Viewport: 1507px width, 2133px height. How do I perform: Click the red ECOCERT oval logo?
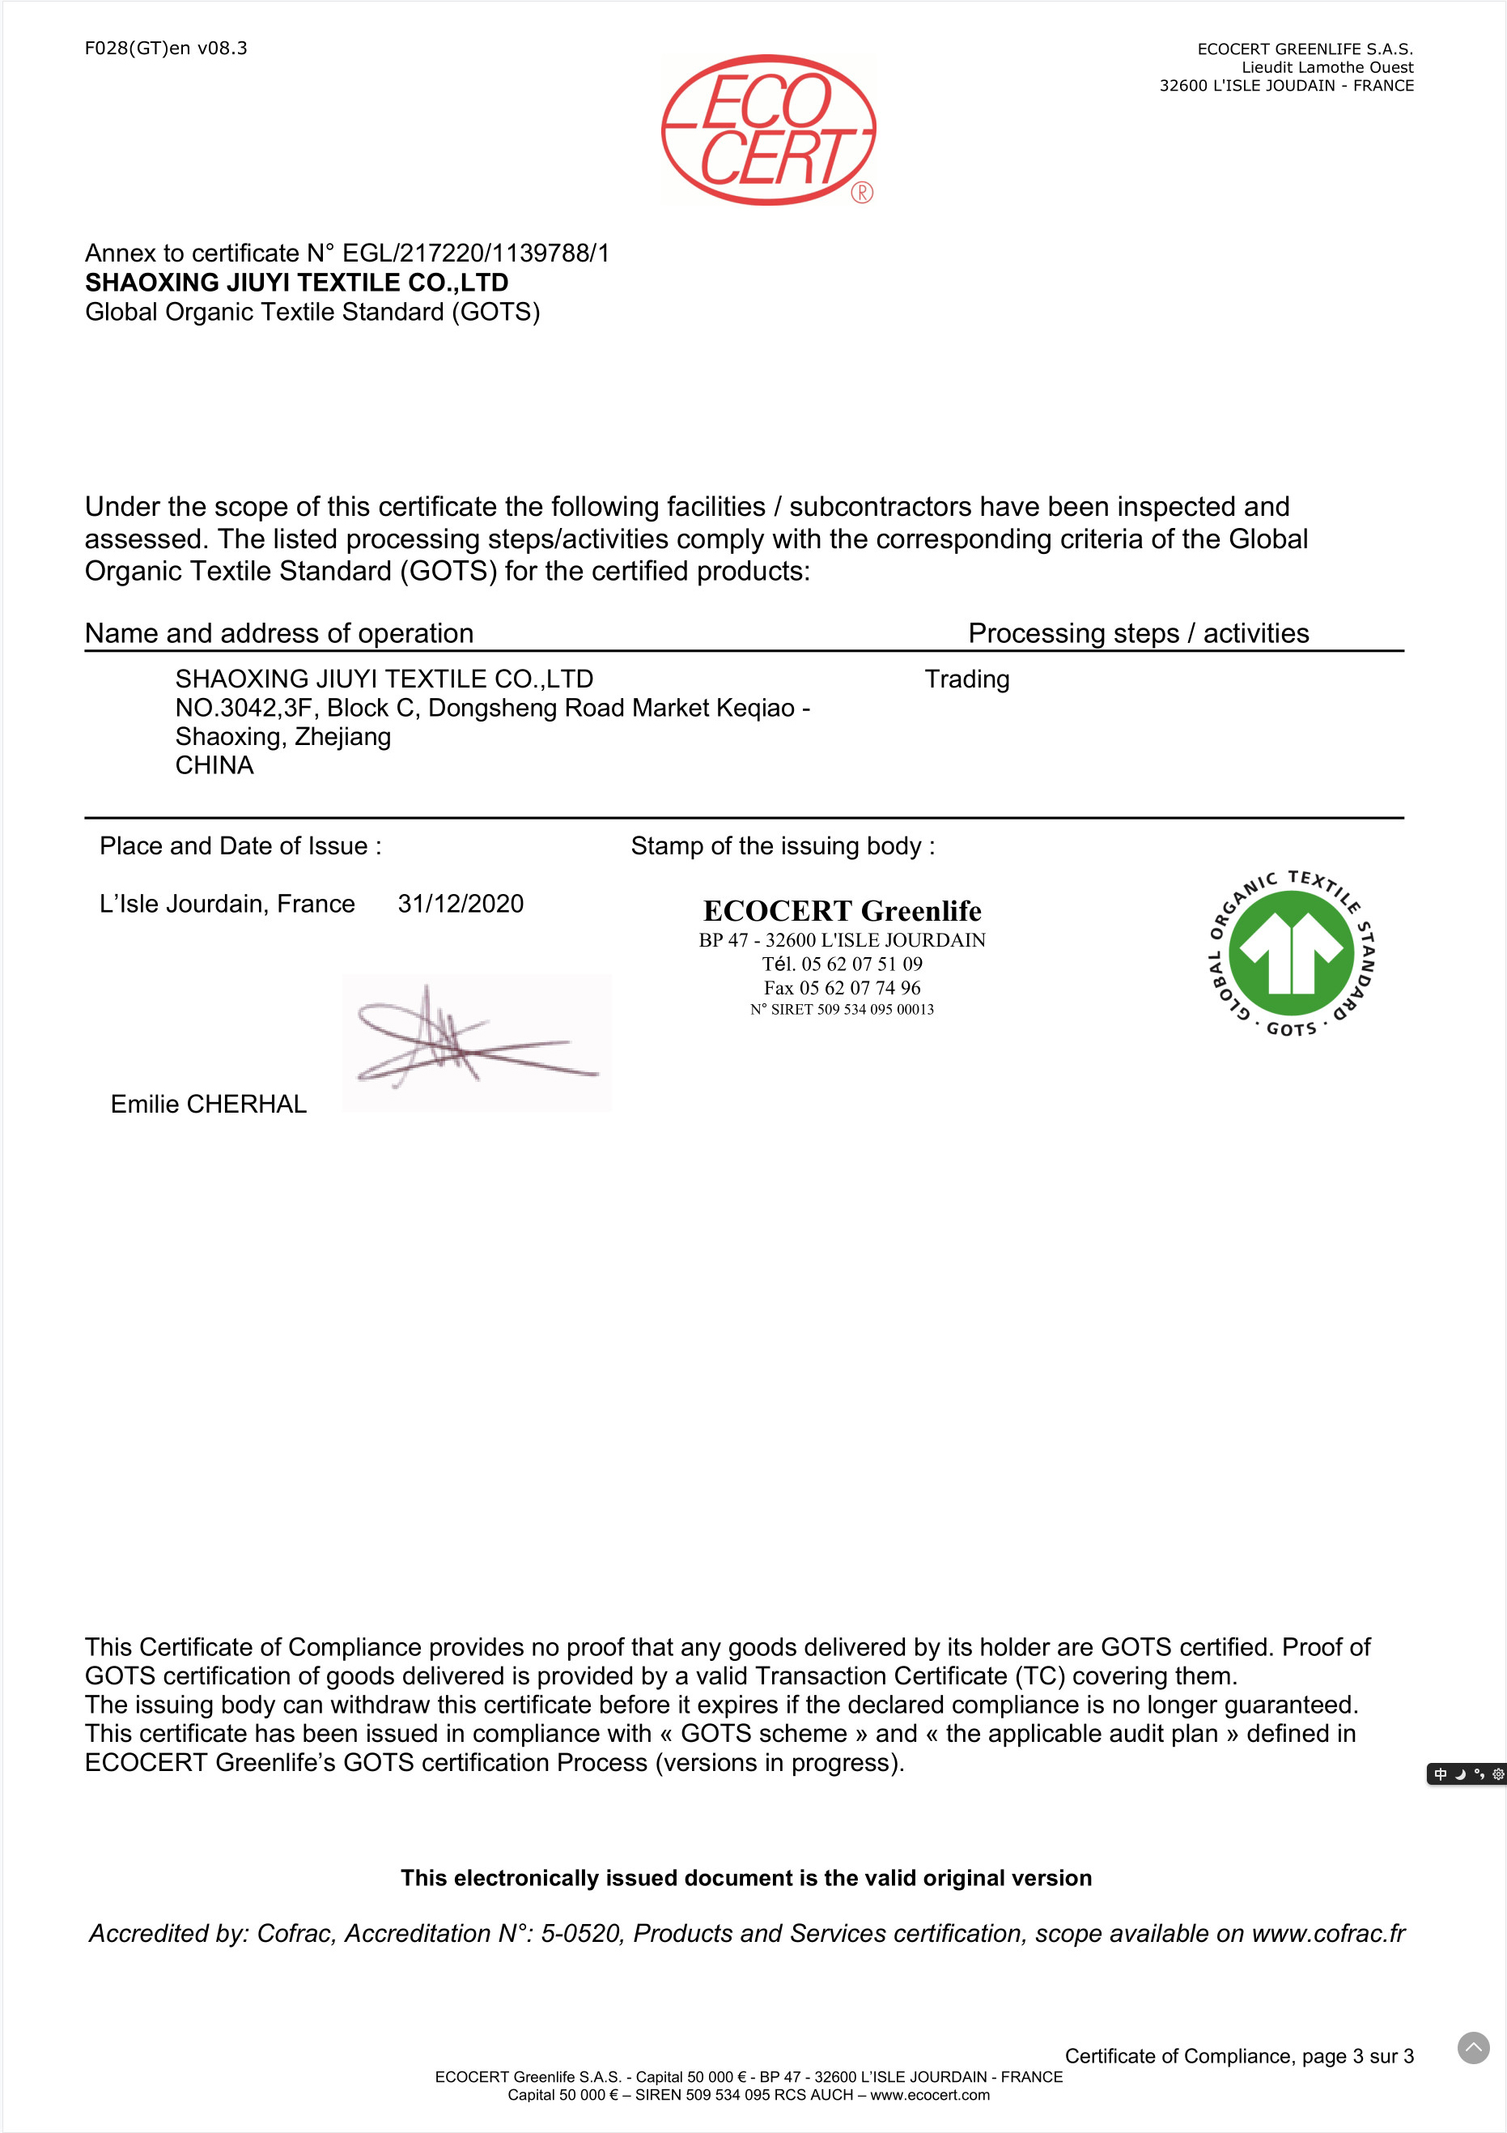coord(768,130)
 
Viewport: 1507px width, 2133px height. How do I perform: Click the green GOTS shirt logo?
coord(1291,953)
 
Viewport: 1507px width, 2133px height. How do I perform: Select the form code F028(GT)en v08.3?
coord(166,49)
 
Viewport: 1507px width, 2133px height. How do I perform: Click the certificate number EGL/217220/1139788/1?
coord(475,253)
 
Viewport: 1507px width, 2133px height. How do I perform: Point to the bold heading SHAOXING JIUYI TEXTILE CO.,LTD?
coord(296,283)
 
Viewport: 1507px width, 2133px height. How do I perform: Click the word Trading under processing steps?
coord(966,679)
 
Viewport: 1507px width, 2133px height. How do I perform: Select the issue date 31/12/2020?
coord(461,904)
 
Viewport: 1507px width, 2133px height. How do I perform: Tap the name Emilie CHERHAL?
coord(208,1104)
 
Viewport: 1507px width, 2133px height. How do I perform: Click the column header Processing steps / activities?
coord(1139,633)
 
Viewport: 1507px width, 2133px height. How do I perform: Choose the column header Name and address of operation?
coord(278,633)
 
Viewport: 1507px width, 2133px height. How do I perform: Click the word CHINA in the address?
coord(214,765)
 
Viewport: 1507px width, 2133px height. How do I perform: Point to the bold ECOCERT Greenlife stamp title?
coord(843,911)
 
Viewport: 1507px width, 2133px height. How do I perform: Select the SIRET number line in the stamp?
coord(843,1010)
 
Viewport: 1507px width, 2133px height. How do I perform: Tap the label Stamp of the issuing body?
coord(783,846)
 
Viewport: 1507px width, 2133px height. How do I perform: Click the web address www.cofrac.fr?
coord(1328,1933)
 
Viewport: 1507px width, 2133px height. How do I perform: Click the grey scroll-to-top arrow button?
coord(1474,2047)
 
